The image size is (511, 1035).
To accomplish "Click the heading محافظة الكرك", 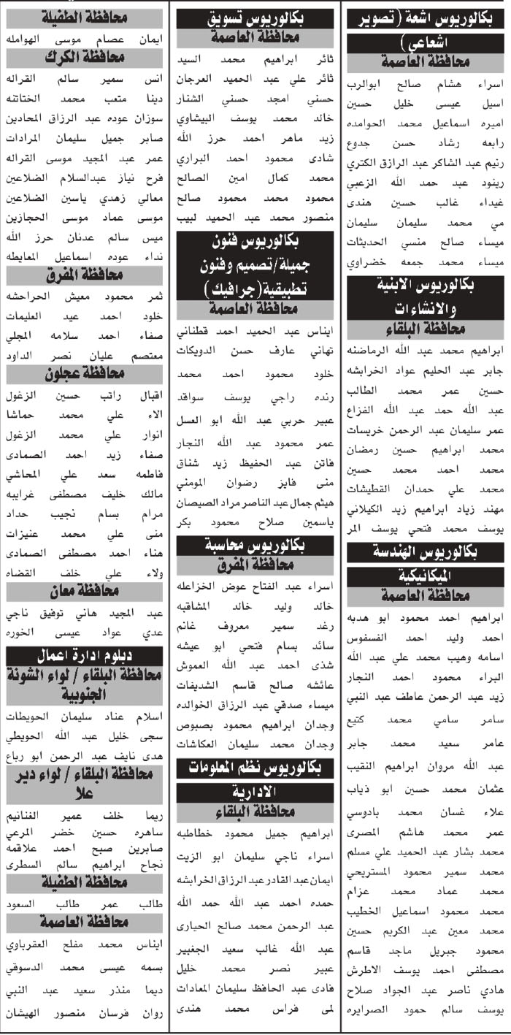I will pyautogui.click(x=85, y=56).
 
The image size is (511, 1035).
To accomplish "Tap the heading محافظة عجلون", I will pyautogui.click(x=85, y=375).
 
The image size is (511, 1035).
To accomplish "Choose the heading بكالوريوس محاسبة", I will pyautogui.click(x=255, y=546).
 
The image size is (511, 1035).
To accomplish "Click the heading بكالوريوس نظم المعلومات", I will pyautogui.click(x=255, y=766).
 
